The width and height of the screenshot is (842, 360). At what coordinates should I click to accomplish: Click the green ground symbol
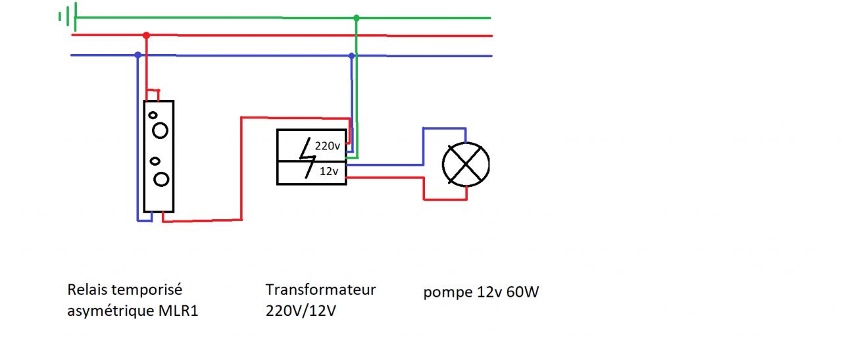pos(68,16)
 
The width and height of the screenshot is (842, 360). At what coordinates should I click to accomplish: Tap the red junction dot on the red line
pos(146,35)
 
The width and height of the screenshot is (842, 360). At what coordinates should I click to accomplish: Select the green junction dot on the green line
pos(357,18)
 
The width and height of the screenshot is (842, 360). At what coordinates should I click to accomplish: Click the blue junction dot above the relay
pos(137,55)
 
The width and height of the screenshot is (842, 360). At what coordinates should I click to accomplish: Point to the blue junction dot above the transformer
pos(352,56)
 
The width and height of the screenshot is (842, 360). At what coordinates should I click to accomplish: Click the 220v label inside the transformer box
pos(327,147)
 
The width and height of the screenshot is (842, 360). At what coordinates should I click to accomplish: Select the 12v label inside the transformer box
pos(328,171)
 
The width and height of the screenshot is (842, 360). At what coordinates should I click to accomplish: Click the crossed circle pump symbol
pos(466,164)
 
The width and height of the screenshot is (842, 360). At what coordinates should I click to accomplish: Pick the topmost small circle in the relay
pos(153,115)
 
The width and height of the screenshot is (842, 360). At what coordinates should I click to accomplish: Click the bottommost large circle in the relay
pos(161,178)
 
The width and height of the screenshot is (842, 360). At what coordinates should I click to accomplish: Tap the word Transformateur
pos(320,290)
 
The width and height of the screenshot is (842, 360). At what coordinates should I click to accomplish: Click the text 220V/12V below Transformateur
pos(301,311)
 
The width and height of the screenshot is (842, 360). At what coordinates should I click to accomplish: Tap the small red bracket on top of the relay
pos(153,95)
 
